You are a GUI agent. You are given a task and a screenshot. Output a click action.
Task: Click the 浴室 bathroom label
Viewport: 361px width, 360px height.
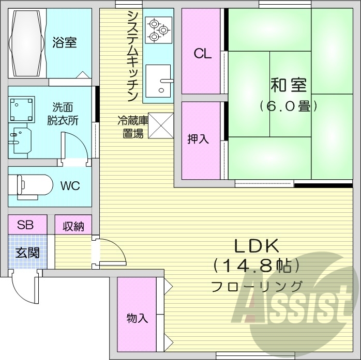coord(65,43)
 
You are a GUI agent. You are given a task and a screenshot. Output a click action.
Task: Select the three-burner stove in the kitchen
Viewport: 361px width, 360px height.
coord(158,29)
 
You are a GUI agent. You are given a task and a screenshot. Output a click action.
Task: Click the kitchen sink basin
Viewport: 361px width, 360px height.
coord(158,81)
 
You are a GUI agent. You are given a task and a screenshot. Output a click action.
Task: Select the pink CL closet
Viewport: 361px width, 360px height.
coord(202,53)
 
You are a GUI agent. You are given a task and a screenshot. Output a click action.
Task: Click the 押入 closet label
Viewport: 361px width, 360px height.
coord(198,138)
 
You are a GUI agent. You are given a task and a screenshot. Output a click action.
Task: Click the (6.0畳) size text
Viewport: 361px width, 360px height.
coord(288,107)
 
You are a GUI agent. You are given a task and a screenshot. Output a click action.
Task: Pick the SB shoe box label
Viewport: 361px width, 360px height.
coord(25,225)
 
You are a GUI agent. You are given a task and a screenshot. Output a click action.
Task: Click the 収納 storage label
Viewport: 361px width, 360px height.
coord(73,226)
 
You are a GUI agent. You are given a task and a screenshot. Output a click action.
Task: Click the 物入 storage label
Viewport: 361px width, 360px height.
coord(137,318)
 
